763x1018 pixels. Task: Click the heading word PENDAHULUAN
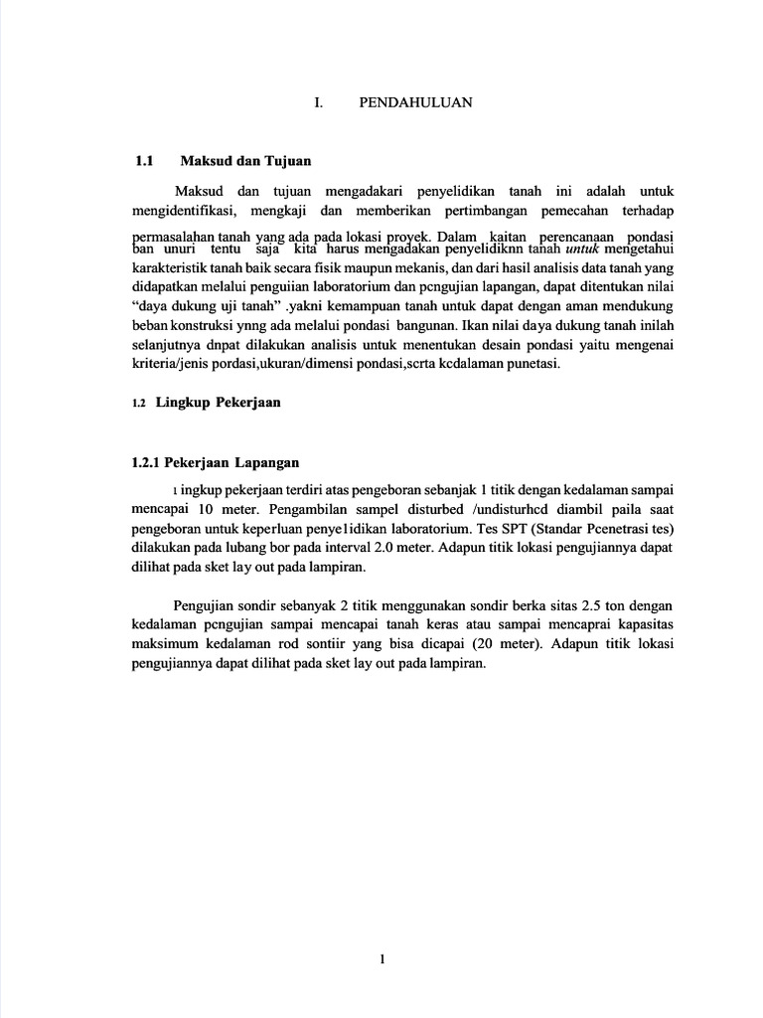point(415,102)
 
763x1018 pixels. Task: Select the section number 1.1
point(146,160)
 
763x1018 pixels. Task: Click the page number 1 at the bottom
point(382,958)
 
